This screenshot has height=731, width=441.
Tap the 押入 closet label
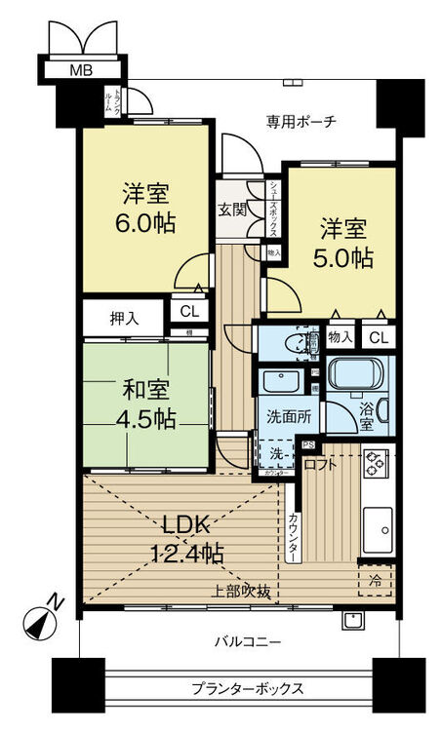click(124, 317)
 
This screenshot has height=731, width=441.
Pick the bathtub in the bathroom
click(358, 375)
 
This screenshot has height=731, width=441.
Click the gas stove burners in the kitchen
click(376, 466)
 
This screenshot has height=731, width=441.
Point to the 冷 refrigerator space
click(377, 578)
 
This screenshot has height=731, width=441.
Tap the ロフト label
click(321, 465)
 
